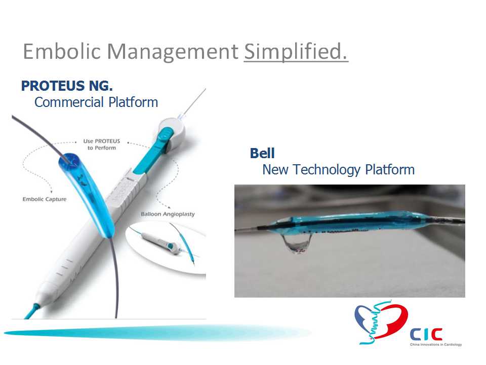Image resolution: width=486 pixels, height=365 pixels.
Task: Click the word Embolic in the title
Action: point(62,51)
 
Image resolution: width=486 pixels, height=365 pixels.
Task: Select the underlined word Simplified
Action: point(296,52)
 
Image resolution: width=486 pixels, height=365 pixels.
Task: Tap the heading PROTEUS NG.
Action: point(67,86)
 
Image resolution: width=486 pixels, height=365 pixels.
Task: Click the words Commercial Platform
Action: point(96,102)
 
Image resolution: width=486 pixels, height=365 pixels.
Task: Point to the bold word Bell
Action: point(262,153)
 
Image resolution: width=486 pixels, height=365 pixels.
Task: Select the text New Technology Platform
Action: point(339,170)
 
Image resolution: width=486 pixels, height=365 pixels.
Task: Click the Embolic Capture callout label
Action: point(45,199)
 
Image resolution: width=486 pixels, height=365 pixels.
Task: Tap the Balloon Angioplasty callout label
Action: point(168,214)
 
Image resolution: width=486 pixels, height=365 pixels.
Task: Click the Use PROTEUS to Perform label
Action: point(102,144)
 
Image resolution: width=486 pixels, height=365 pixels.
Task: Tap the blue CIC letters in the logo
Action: point(426,334)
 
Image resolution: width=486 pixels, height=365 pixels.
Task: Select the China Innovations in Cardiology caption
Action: point(436,345)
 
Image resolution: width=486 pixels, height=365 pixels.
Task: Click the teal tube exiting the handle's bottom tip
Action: point(31,311)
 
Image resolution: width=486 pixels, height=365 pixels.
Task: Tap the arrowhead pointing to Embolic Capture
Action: point(51,191)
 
